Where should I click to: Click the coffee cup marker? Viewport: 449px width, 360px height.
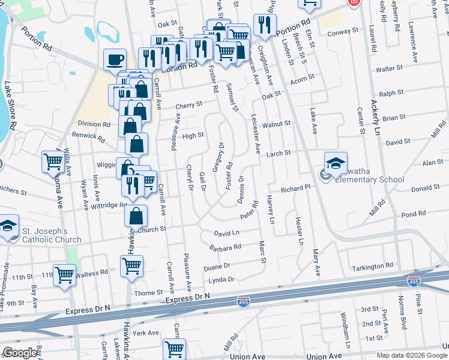pos(115,59)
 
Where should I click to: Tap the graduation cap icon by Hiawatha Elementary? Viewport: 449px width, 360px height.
pos(336,163)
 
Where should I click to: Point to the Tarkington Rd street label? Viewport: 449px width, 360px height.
pos(372,266)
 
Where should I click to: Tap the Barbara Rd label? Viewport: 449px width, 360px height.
pos(225,247)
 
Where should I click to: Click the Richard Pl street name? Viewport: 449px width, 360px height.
pos(295,188)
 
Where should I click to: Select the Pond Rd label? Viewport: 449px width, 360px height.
pos(413,214)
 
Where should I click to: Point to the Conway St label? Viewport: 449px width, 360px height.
pos(343,30)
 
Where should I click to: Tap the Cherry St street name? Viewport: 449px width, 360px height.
pos(188,106)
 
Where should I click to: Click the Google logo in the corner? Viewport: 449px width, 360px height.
pos(20,353)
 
